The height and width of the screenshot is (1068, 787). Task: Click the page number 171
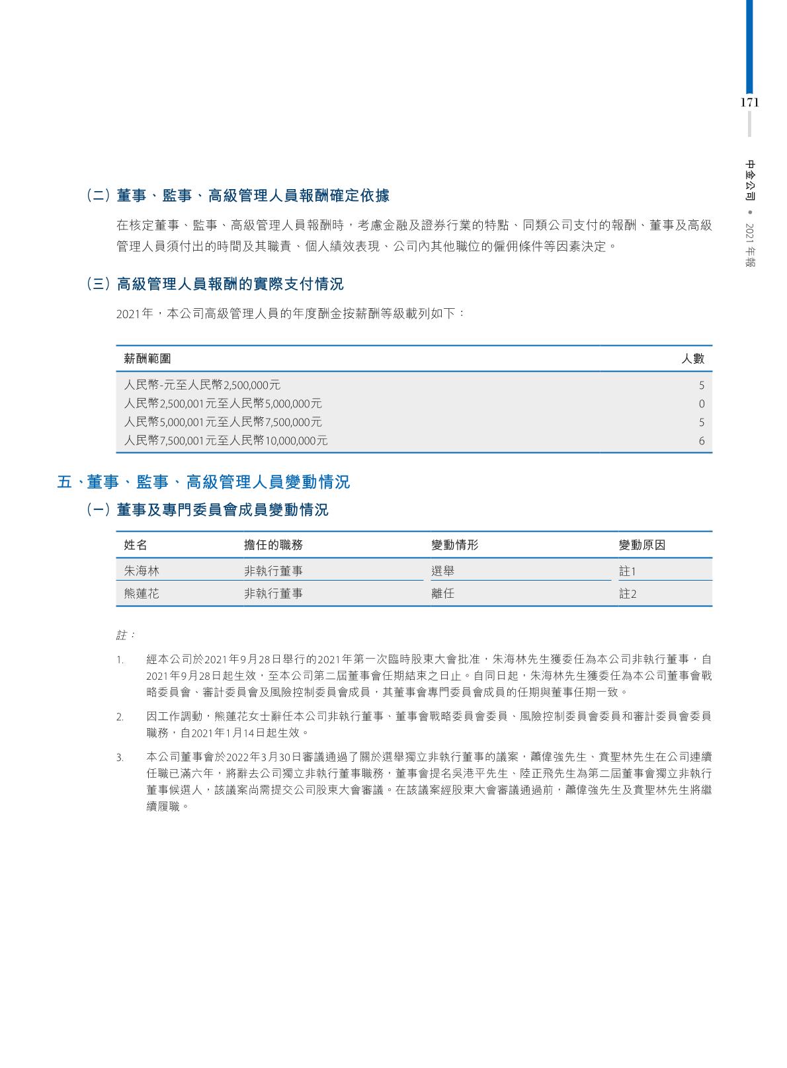click(x=749, y=103)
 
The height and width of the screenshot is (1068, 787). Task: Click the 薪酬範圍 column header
click(x=147, y=358)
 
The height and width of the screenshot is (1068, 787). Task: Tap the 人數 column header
click(x=693, y=358)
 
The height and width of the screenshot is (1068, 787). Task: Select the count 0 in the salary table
click(x=702, y=404)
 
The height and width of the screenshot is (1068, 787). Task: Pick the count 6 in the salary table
click(x=702, y=441)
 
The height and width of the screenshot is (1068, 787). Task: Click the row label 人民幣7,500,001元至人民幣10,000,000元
click(x=226, y=440)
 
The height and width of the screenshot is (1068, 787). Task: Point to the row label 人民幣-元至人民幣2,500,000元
click(x=202, y=385)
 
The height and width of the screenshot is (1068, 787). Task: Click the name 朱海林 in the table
click(x=142, y=570)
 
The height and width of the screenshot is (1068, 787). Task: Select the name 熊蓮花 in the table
click(x=142, y=594)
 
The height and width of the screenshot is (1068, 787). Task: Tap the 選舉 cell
click(x=442, y=570)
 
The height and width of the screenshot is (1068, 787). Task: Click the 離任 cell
click(x=442, y=594)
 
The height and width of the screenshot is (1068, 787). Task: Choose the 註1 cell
click(x=627, y=571)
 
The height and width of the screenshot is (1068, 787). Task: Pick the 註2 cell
click(x=627, y=594)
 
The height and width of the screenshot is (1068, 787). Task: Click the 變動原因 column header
click(x=642, y=545)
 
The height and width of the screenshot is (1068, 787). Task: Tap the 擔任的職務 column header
click(x=273, y=545)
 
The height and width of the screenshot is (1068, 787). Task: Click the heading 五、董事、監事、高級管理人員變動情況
click(x=204, y=482)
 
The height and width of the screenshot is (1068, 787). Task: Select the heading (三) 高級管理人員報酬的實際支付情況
click(x=215, y=284)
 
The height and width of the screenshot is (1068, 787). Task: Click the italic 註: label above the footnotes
click(x=126, y=636)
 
